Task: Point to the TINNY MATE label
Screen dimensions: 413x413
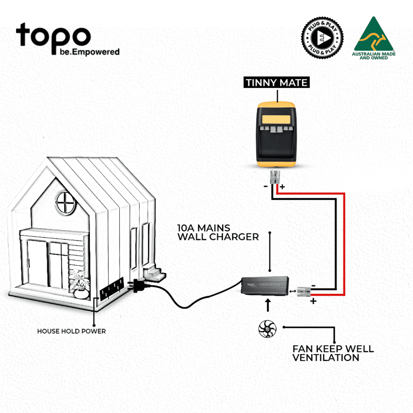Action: point(277,83)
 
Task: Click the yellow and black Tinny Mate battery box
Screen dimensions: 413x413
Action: point(277,133)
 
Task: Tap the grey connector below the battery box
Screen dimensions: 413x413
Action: point(276,177)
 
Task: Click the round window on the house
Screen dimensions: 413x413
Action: point(66,202)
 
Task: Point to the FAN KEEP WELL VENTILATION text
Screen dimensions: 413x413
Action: point(333,353)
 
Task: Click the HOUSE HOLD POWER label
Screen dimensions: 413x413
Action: point(71,331)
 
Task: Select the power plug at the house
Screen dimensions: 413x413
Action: point(137,286)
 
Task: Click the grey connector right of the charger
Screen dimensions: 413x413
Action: point(305,290)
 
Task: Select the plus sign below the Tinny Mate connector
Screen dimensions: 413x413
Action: point(282,187)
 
